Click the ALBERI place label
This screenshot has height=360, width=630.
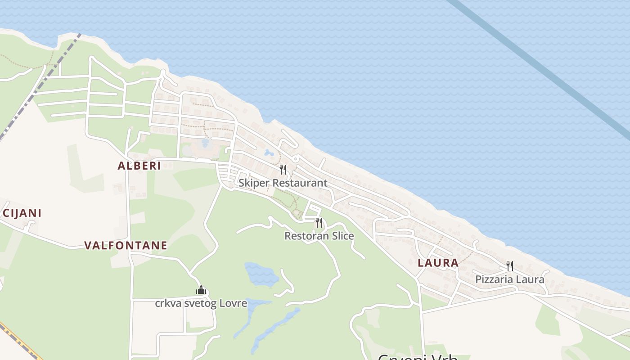[139, 166]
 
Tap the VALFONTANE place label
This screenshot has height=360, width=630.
[126, 245]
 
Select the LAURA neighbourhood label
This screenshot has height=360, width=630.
[438, 263]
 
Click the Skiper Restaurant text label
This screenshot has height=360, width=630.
[283, 183]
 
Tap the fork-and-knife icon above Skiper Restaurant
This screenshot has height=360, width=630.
[283, 170]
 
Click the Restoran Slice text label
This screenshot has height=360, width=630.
[319, 236]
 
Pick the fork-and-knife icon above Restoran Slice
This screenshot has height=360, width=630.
[319, 222]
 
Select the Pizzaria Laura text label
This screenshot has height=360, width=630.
[509, 279]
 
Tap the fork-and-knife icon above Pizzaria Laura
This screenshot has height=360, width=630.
[510, 266]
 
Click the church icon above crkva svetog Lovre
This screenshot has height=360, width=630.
[201, 290]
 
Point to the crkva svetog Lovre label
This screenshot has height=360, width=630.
[201, 303]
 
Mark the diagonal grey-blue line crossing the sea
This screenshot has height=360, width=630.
[540, 67]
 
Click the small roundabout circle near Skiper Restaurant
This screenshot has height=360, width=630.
[296, 159]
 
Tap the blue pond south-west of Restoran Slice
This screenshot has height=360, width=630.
[260, 274]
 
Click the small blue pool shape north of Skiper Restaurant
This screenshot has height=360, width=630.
[269, 153]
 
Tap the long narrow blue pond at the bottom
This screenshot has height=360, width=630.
[274, 328]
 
